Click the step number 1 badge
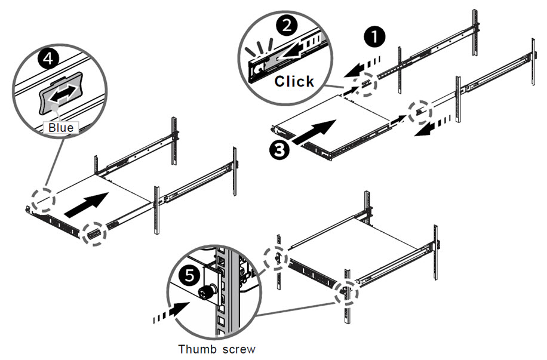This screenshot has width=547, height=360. pos(374,37)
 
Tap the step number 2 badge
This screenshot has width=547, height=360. pos(287,26)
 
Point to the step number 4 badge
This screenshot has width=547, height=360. pos(48,58)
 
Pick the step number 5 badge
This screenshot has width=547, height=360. pos(190,276)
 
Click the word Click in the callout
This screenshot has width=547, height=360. pos(294,81)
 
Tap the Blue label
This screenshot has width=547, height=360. pos(61,128)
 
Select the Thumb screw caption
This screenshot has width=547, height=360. pos(217,349)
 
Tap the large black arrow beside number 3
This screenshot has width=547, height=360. pos(315,131)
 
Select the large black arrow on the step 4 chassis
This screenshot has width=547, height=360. pos(86,205)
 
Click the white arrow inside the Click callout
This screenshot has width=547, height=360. pos(297,48)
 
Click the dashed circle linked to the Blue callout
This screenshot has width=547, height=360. pos(43,200)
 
